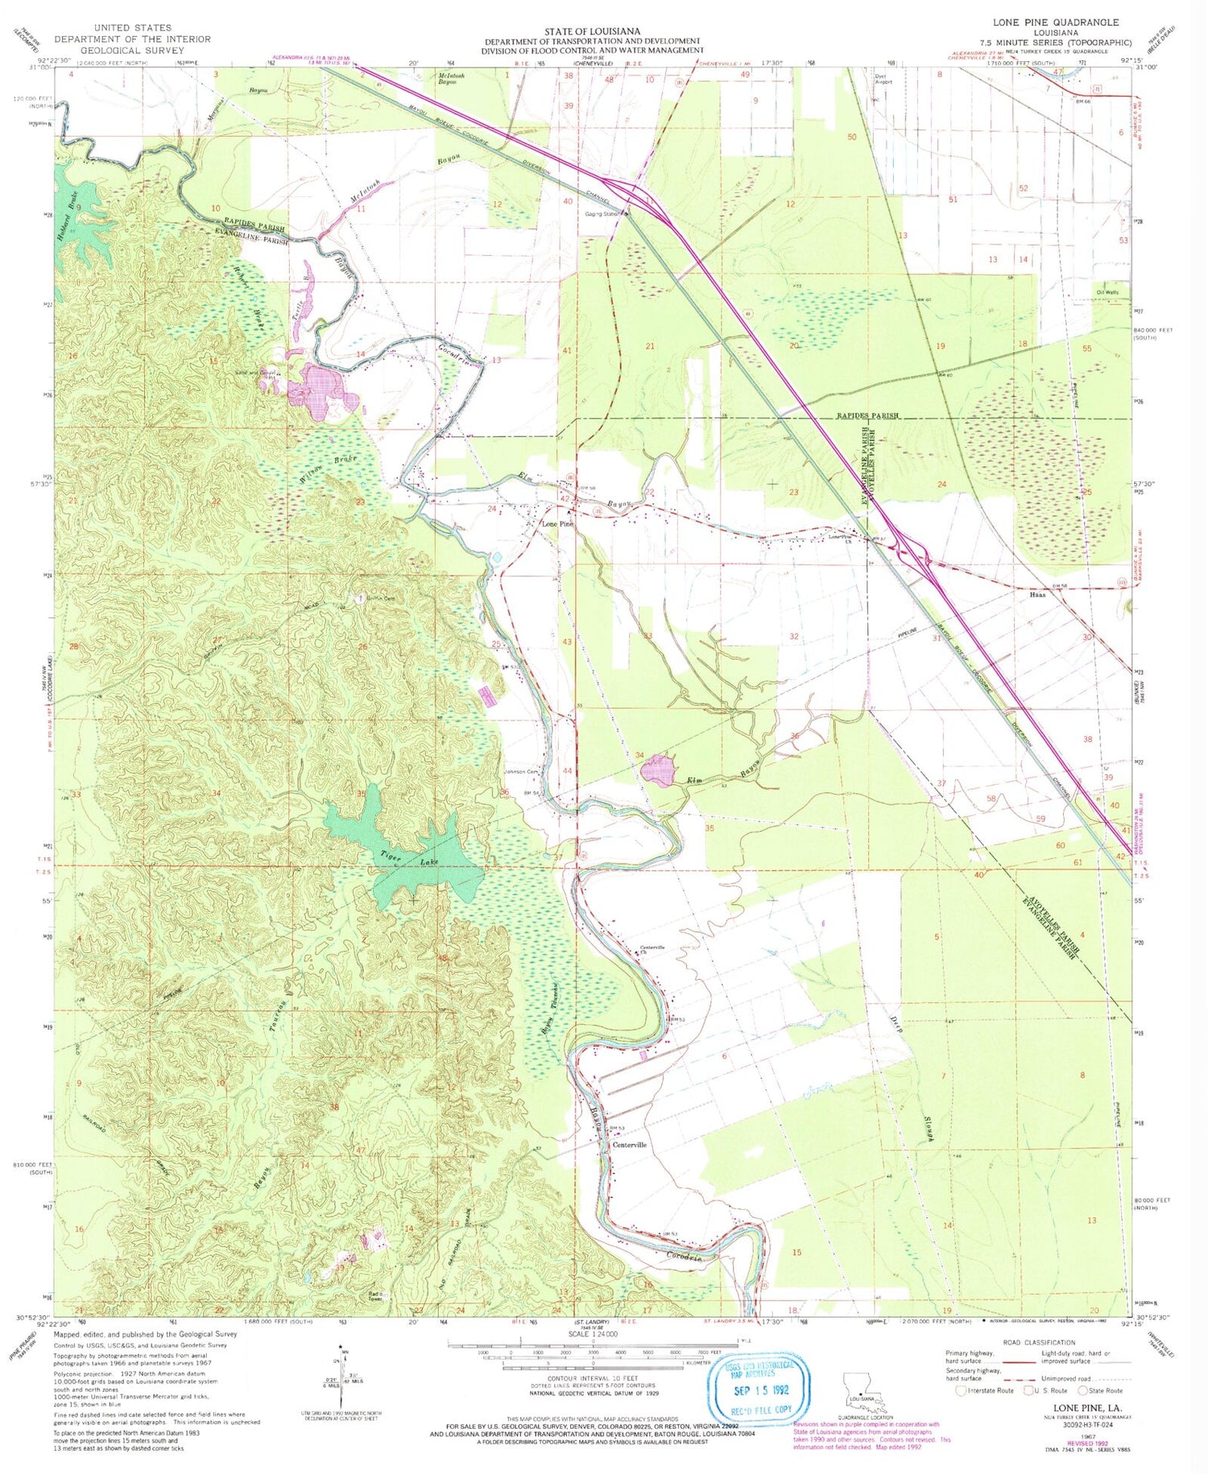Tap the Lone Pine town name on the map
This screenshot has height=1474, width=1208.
556,524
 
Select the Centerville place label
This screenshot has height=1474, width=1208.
630,1145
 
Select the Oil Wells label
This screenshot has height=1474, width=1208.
1107,292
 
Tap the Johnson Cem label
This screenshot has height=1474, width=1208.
520,772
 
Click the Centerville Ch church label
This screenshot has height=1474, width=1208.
652,949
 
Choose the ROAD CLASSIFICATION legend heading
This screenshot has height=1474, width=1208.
1039,1342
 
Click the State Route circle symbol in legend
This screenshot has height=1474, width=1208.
1083,1390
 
